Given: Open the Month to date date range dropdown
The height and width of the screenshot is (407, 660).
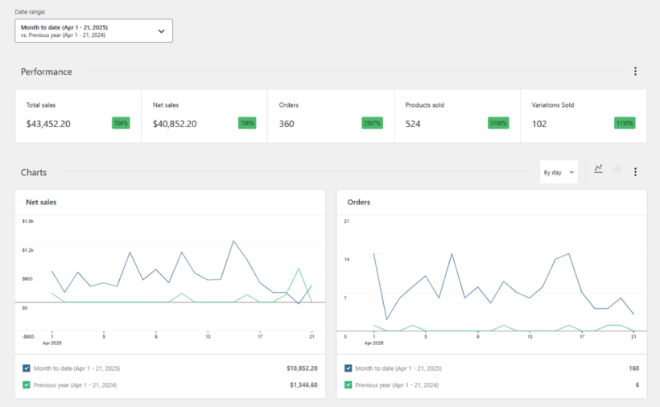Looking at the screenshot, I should [x=93, y=31].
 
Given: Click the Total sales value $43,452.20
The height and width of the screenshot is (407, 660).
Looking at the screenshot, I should [x=48, y=124].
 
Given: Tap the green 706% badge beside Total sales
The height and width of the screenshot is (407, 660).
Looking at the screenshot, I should [x=121, y=123].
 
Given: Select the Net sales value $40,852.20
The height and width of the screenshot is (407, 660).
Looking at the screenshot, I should [x=175, y=124].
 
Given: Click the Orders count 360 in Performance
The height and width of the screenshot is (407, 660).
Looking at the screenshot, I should [x=287, y=124].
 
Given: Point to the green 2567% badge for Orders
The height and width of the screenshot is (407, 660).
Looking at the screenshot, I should [x=373, y=123].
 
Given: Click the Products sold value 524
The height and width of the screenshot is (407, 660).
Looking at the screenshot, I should [x=413, y=124].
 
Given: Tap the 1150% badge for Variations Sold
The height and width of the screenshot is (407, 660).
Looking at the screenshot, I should [x=625, y=123].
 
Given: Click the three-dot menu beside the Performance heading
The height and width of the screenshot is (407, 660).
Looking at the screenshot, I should [x=635, y=72].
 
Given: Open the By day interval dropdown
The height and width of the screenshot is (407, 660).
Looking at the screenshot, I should [x=559, y=172].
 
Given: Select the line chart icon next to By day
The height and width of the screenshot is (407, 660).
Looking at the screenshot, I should [x=598, y=169].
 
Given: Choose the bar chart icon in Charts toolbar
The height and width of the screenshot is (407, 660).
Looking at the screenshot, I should [x=617, y=169].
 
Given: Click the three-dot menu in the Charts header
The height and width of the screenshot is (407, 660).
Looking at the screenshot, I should [x=635, y=172].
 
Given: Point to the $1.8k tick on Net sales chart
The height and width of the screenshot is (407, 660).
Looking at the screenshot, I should [x=28, y=220].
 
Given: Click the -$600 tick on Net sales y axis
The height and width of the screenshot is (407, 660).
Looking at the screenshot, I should [x=28, y=336].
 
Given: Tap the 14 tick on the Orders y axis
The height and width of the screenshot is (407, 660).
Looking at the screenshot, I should [x=346, y=259].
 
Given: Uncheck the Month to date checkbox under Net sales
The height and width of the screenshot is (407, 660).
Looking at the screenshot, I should [x=27, y=368].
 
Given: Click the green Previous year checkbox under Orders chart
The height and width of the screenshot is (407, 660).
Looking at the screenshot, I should [x=349, y=385].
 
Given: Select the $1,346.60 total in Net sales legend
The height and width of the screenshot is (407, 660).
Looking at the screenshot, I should [x=303, y=385].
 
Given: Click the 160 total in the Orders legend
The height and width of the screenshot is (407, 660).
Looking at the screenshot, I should [x=633, y=368].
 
